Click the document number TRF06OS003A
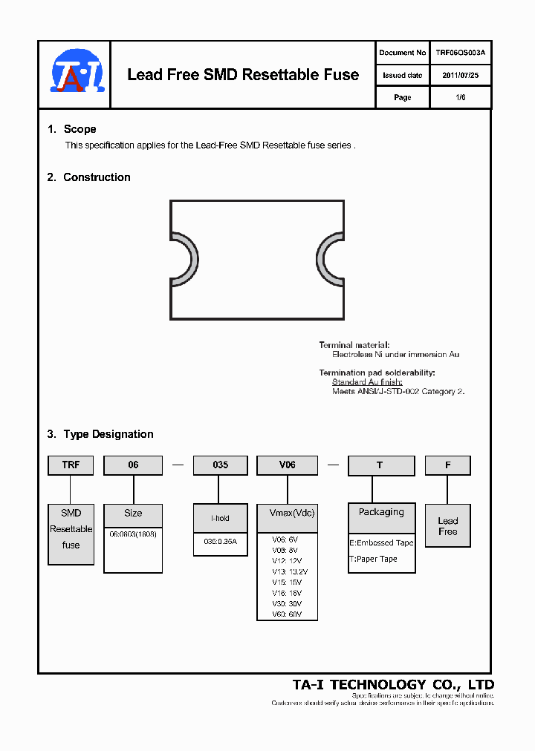click(460, 53)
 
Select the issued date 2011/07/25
click(460, 75)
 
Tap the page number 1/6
click(460, 97)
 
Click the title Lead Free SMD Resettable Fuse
click(243, 75)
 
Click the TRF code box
click(71, 465)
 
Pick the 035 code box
click(220, 465)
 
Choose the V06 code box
click(287, 465)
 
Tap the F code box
click(447, 465)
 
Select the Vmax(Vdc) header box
click(287, 514)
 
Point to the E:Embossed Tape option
click(381, 542)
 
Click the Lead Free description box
click(447, 526)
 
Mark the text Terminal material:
click(354, 345)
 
